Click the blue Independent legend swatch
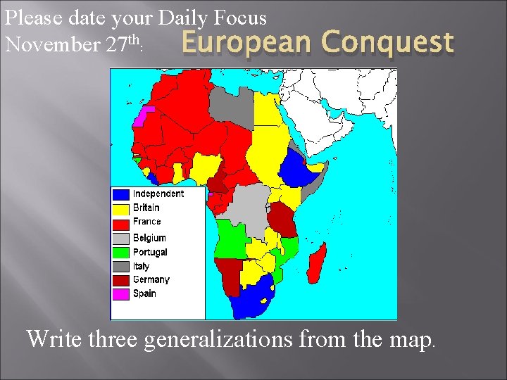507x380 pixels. [122, 194]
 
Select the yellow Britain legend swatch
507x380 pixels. [122, 208]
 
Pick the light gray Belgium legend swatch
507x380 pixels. [122, 239]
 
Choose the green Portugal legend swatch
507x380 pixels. [122, 253]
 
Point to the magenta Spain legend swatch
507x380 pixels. [122, 294]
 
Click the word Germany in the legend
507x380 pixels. [151, 280]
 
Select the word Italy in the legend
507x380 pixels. [142, 267]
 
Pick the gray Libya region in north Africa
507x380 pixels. [232, 105]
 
